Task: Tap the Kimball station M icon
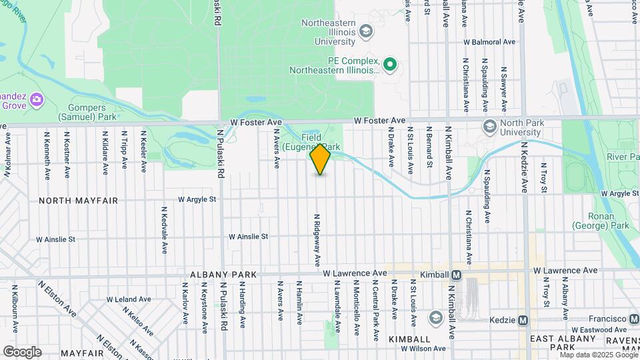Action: tap(457, 275)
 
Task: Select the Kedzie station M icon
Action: tap(523, 320)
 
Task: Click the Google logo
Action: tap(22, 352)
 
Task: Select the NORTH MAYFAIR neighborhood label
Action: tap(78, 200)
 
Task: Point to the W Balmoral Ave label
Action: tap(490, 42)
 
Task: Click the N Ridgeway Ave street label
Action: tap(318, 238)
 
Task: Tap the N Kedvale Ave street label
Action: tap(164, 230)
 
